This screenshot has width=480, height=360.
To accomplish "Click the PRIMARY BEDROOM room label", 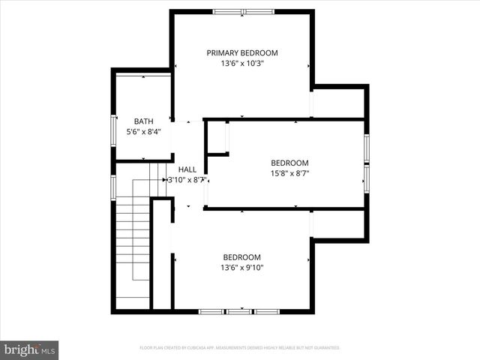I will click(242, 53).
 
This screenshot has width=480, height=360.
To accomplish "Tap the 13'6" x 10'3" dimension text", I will click(242, 64).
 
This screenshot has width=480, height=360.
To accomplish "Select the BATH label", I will click(143, 121).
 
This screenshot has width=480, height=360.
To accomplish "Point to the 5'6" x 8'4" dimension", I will click(143, 132).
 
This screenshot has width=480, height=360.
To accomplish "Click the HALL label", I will click(187, 169).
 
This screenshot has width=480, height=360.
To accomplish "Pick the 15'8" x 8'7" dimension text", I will click(289, 173).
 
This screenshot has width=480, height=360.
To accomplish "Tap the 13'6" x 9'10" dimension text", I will click(241, 267).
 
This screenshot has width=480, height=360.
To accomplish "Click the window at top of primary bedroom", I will click(244, 12).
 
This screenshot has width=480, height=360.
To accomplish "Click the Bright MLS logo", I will click(30, 349).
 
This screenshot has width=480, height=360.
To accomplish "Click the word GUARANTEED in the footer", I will click(326, 348).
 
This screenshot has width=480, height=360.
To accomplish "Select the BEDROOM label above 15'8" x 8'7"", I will click(289, 163).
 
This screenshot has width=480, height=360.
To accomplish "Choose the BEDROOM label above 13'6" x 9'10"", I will click(241, 256).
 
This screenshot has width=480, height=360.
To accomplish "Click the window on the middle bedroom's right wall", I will click(367, 161).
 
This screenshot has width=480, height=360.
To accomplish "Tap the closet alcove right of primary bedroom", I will click(339, 103).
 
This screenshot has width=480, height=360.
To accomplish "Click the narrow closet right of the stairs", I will click(162, 255).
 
